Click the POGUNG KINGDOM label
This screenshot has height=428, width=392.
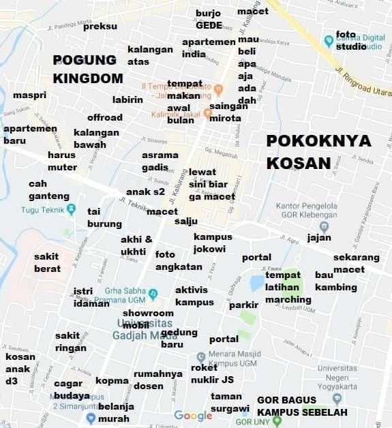(x=88, y=69)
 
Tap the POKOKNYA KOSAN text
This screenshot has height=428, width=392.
(x=318, y=151)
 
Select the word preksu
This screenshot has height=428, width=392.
(x=100, y=26)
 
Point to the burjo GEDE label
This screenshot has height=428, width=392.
(x=209, y=19)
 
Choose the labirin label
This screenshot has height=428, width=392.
(x=127, y=100)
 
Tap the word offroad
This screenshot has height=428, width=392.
(x=105, y=117)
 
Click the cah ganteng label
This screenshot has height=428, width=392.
(x=48, y=189)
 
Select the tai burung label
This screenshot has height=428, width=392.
(x=104, y=217)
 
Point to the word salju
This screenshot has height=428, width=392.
(x=186, y=221)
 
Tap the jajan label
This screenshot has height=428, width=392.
(x=319, y=238)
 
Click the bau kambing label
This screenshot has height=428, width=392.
(x=335, y=281)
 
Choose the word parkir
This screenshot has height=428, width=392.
(x=243, y=305)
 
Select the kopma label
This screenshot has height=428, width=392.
(x=112, y=380)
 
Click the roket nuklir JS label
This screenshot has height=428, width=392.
(x=212, y=373)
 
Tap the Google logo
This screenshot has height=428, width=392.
(x=193, y=416)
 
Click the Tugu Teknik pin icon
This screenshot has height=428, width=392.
(x=72, y=210)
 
